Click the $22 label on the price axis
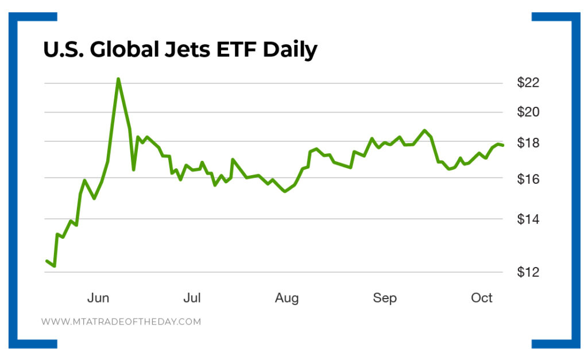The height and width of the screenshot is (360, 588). click(x=528, y=83)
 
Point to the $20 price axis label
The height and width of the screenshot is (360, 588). click(x=528, y=113)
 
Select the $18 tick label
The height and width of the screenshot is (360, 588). click(x=528, y=143)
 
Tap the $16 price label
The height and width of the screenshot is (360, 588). click(x=528, y=180)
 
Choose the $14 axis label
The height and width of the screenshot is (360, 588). click(x=528, y=219)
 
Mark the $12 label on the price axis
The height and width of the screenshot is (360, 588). click(x=528, y=272)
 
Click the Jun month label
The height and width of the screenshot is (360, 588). click(x=98, y=298)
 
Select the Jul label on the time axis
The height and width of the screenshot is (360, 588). click(x=192, y=298)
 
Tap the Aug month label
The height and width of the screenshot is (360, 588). click(x=287, y=298)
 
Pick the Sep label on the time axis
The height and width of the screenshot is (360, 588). click(x=385, y=298)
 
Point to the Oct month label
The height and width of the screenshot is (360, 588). click(x=482, y=298)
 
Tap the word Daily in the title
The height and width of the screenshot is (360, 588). click(x=290, y=51)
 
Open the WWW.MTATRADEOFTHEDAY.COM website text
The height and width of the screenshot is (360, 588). click(x=121, y=322)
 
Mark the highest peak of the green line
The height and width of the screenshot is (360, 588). click(x=118, y=79)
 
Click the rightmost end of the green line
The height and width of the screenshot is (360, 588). click(x=503, y=145)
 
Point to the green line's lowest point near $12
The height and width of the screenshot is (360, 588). click(x=54, y=266)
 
